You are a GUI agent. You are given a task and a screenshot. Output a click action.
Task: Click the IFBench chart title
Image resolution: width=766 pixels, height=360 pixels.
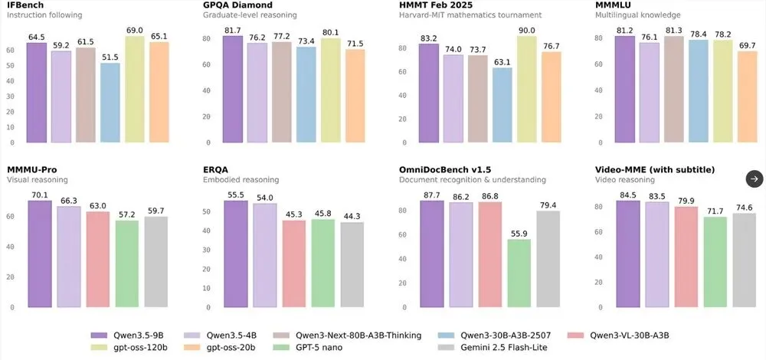[25, 5]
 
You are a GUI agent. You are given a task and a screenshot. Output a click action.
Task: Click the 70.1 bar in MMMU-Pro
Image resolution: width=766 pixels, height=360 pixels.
[39, 254]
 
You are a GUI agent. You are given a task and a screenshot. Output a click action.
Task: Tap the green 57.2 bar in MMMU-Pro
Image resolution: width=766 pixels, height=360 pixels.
[127, 264]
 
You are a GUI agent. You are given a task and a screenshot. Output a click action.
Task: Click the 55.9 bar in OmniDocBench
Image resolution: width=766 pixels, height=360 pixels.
[519, 273]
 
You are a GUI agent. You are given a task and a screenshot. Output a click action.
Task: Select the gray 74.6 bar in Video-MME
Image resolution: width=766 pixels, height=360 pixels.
[744, 260]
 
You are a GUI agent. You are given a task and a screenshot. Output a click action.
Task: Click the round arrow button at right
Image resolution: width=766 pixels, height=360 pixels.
[755, 178]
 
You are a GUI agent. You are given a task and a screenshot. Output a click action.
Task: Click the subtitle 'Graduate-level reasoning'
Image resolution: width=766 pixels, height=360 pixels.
[250, 15]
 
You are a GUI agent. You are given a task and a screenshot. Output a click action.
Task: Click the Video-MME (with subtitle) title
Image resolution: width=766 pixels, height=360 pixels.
[654, 169]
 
